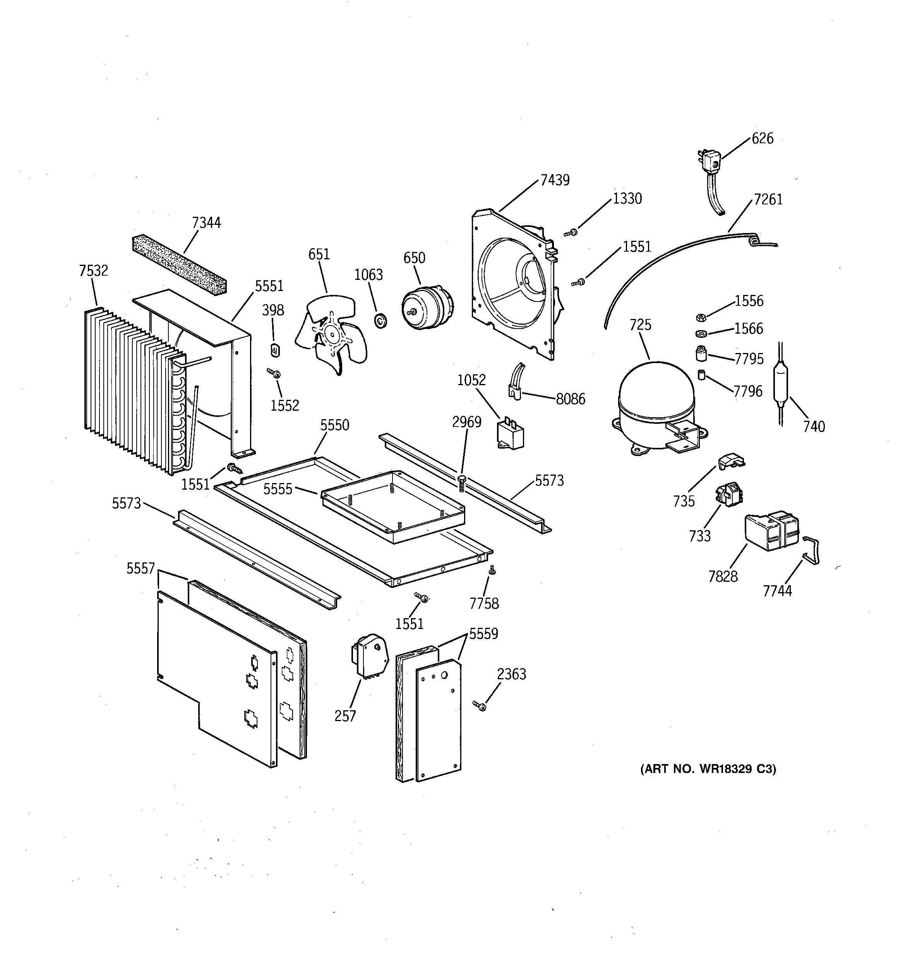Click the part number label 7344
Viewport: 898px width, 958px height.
coord(206,223)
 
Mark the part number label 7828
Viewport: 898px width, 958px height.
coord(723,576)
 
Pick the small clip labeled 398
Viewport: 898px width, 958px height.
coord(275,350)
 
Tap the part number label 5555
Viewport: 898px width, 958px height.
coord(278,489)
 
